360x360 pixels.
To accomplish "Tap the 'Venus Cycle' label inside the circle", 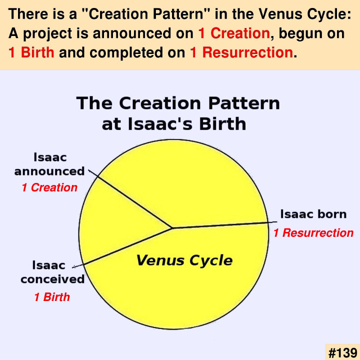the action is coord(184,260).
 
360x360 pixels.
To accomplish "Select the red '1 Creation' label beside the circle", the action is coord(49,187).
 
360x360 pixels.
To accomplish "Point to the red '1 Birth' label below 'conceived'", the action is coord(52,297).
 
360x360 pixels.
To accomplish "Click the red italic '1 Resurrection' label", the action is coord(313,233).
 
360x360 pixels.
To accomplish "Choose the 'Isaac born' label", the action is coord(313,214).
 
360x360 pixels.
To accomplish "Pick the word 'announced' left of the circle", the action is coord(49,171).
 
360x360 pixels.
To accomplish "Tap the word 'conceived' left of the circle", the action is coord(52,279).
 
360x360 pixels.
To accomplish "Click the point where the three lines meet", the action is coord(172,228).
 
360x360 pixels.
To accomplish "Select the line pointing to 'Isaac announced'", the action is coord(130,199).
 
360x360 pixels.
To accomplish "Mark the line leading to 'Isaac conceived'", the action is coord(122,247).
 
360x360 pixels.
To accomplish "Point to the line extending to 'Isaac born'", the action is coord(224,225).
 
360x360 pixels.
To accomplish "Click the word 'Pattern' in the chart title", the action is coord(244,103).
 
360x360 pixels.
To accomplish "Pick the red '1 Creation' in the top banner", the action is coord(234,33).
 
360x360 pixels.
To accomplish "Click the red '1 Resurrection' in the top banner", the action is coord(241,52).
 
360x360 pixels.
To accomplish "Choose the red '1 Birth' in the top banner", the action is coord(31,52).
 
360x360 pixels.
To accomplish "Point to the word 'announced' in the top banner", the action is coord(143,33).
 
